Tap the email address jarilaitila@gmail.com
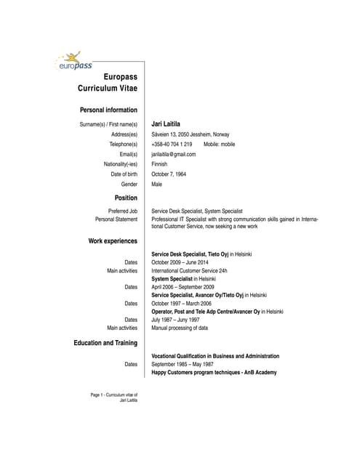click(173, 155)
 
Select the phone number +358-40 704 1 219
click(172, 145)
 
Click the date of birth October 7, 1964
click(169, 174)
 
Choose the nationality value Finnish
click(159, 164)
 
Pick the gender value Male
click(156, 185)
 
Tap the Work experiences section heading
click(113, 240)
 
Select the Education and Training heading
click(105, 342)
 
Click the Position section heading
click(126, 198)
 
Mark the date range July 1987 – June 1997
click(177, 320)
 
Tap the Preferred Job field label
click(122, 211)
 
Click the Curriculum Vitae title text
click(107, 88)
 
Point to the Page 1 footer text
click(113, 397)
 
